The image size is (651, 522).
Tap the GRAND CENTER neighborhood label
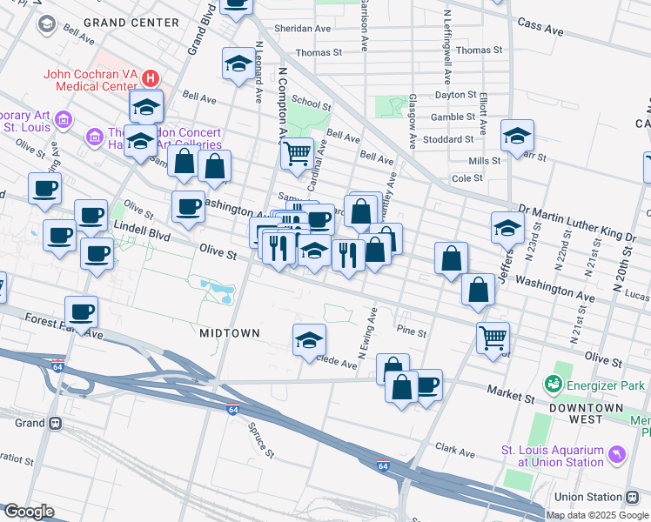pos(131,22)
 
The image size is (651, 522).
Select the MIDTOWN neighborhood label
pos(230,333)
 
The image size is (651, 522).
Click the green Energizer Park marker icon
pos(553,384)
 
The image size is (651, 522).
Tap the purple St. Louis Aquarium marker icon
pos(617,455)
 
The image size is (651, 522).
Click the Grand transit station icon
pos(55,424)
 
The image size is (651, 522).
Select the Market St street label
pos(510,394)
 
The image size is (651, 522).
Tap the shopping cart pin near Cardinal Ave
pos(297,153)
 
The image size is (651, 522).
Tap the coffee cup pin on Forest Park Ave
pos(81,311)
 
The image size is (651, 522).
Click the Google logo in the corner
pos(28,512)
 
